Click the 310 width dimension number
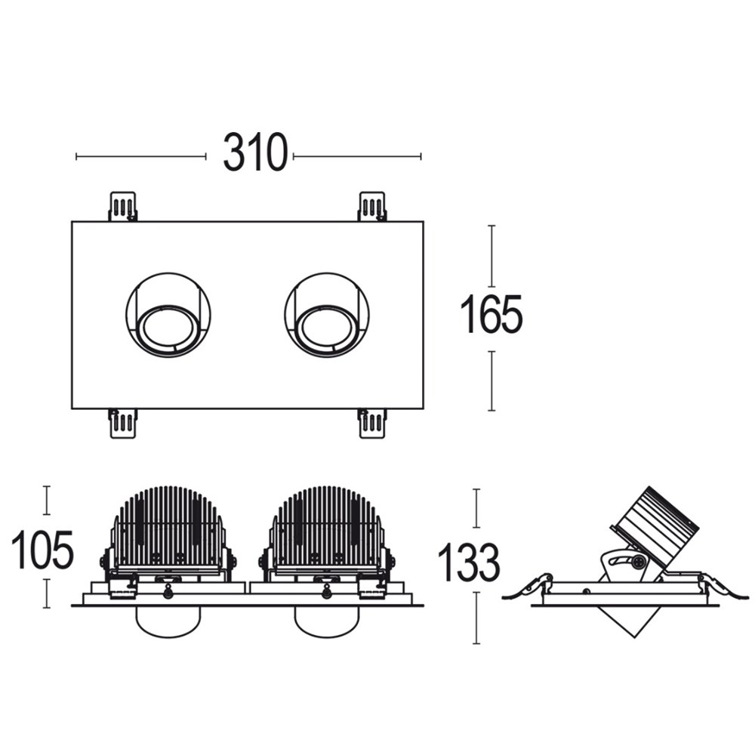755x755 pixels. tap(255, 153)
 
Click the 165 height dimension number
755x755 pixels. tap(492, 314)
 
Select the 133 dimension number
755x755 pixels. tap(469, 562)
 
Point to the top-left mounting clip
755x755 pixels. tap(123, 207)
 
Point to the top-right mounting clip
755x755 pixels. tap(371, 207)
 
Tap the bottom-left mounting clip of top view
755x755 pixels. tap(123, 424)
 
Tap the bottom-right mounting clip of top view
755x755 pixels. tap(372, 424)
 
